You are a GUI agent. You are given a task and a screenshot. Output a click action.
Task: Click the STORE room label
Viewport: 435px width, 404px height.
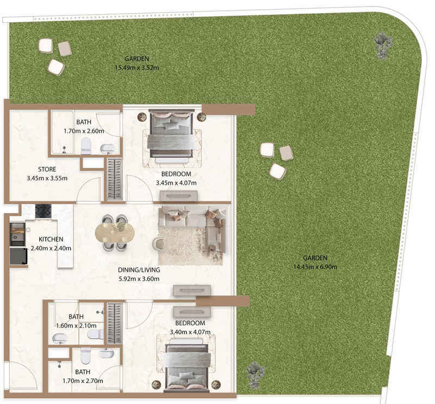point(47,169)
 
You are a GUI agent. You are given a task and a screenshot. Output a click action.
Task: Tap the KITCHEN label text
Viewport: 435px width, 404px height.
point(51,239)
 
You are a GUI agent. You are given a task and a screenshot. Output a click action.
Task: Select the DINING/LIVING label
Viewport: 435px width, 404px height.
point(139,270)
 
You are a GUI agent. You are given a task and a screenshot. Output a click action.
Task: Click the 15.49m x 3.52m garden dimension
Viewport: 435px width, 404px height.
point(137,68)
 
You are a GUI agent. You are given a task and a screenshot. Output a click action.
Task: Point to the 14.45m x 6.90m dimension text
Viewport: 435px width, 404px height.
point(315,267)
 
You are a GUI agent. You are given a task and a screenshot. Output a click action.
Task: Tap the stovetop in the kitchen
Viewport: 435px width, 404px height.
point(43,211)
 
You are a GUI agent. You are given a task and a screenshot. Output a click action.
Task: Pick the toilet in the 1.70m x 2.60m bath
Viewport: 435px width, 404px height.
point(86,146)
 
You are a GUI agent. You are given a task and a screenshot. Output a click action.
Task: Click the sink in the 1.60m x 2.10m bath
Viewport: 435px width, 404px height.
point(60,338)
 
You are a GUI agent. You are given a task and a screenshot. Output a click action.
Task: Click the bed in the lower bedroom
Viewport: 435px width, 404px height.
point(186,367)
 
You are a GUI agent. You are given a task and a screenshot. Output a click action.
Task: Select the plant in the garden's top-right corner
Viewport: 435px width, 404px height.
point(383,45)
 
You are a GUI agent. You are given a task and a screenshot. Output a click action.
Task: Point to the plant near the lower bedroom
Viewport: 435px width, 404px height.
point(256,375)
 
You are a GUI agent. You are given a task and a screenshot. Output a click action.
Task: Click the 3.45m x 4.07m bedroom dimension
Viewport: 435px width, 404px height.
point(176,183)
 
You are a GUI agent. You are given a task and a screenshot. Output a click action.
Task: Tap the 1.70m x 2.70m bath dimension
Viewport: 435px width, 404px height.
point(83,381)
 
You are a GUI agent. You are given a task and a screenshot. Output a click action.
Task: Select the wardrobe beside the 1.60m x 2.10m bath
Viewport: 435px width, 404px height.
point(115,324)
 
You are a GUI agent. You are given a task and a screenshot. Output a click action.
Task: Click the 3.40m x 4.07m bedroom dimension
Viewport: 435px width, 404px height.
point(190,332)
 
